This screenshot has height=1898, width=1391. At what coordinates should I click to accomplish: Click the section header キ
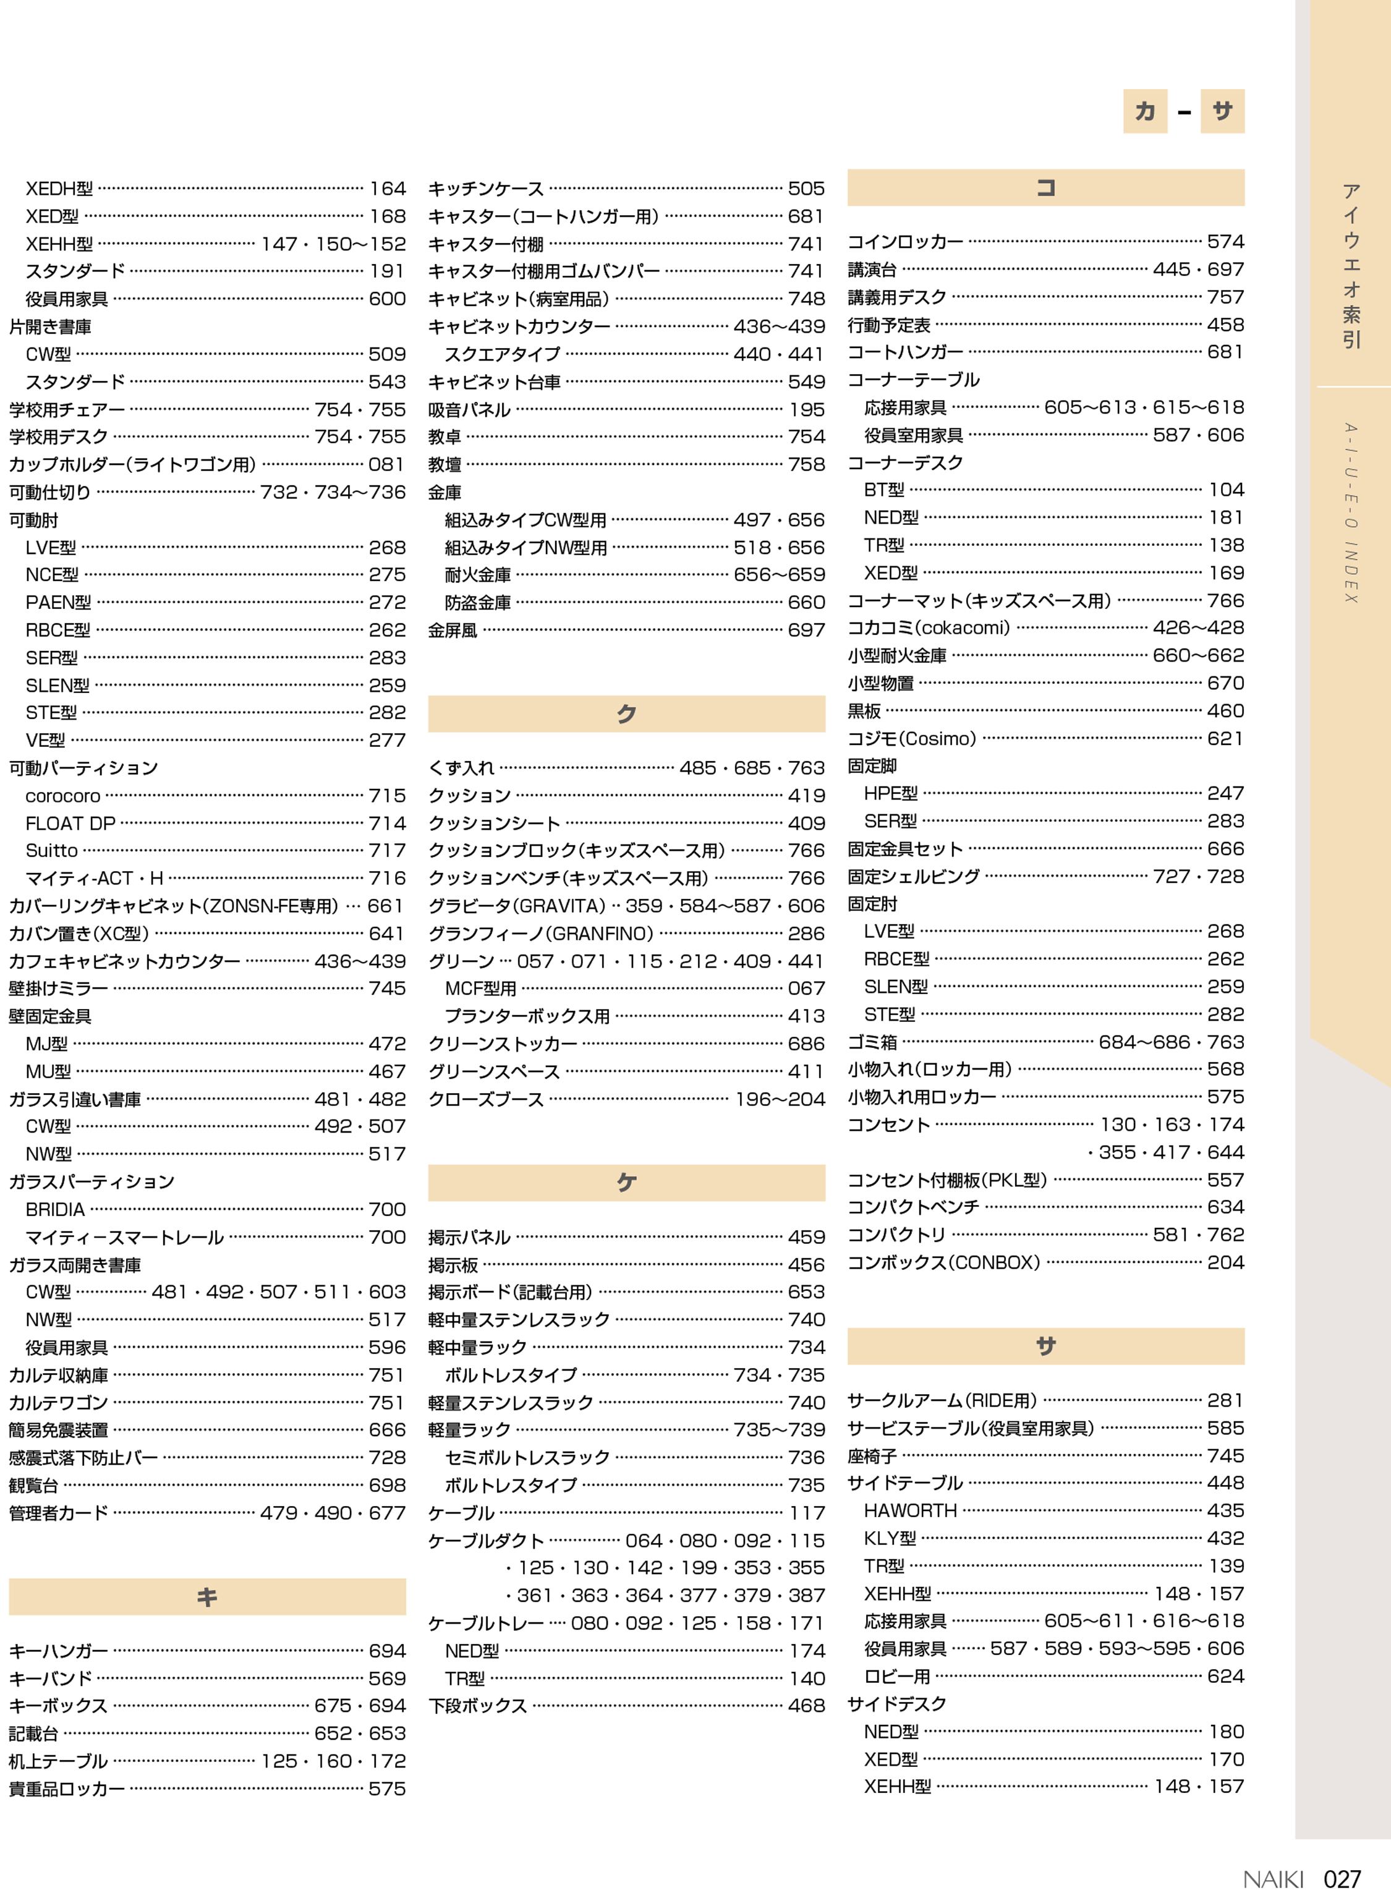click(x=207, y=1596)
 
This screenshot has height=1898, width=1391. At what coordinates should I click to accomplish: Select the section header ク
click(x=626, y=713)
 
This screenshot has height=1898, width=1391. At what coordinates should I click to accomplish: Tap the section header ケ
click(x=626, y=1182)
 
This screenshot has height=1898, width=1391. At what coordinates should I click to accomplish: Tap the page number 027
click(x=1342, y=1879)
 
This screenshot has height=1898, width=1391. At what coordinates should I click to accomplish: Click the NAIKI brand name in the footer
click(x=1272, y=1879)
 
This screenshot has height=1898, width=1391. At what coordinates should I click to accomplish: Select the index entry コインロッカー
click(x=905, y=242)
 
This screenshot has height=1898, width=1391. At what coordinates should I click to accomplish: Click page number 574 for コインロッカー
click(x=1225, y=242)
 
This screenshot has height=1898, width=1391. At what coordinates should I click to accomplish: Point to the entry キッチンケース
click(x=486, y=189)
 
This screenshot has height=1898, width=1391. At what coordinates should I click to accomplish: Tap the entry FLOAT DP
click(x=70, y=823)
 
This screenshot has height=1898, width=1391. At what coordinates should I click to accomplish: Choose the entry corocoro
click(x=63, y=796)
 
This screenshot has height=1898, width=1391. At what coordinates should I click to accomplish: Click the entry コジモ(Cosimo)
click(x=912, y=738)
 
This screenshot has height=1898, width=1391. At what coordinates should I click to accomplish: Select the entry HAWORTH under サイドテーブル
click(x=910, y=1510)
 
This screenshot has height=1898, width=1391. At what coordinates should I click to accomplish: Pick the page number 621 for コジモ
click(x=1225, y=738)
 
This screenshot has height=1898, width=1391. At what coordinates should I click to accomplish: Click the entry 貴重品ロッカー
click(x=67, y=1789)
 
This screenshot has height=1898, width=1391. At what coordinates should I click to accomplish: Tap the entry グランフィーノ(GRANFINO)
click(x=540, y=933)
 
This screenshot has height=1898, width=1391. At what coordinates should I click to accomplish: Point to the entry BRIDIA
click(x=56, y=1209)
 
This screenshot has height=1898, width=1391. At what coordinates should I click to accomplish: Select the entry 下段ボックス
click(x=477, y=1705)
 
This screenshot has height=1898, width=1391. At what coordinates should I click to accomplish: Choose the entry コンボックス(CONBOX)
click(x=944, y=1262)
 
